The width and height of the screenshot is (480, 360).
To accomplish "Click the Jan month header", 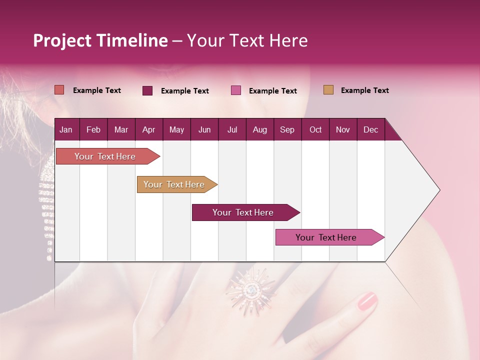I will [66, 129].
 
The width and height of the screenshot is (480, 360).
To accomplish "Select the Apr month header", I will [148, 129].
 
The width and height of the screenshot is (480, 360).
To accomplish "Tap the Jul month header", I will [232, 129].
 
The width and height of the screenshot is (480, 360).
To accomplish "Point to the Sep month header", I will [287, 129].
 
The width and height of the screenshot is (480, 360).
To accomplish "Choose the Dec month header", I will [370, 129].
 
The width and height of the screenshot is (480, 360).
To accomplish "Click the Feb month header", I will [93, 129].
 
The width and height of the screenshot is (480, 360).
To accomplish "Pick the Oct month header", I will [315, 129].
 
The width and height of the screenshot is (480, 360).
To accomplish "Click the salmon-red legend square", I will [59, 90].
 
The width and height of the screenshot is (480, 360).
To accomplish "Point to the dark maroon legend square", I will [147, 90].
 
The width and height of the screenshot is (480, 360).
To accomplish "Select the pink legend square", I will [236, 90].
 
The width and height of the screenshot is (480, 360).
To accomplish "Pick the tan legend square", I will [328, 90].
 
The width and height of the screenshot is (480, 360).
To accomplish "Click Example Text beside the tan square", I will [364, 90].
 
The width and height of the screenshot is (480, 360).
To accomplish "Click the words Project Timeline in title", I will [100, 40].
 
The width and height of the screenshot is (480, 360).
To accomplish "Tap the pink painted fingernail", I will [367, 301].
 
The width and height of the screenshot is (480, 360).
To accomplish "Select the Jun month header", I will [204, 129].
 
